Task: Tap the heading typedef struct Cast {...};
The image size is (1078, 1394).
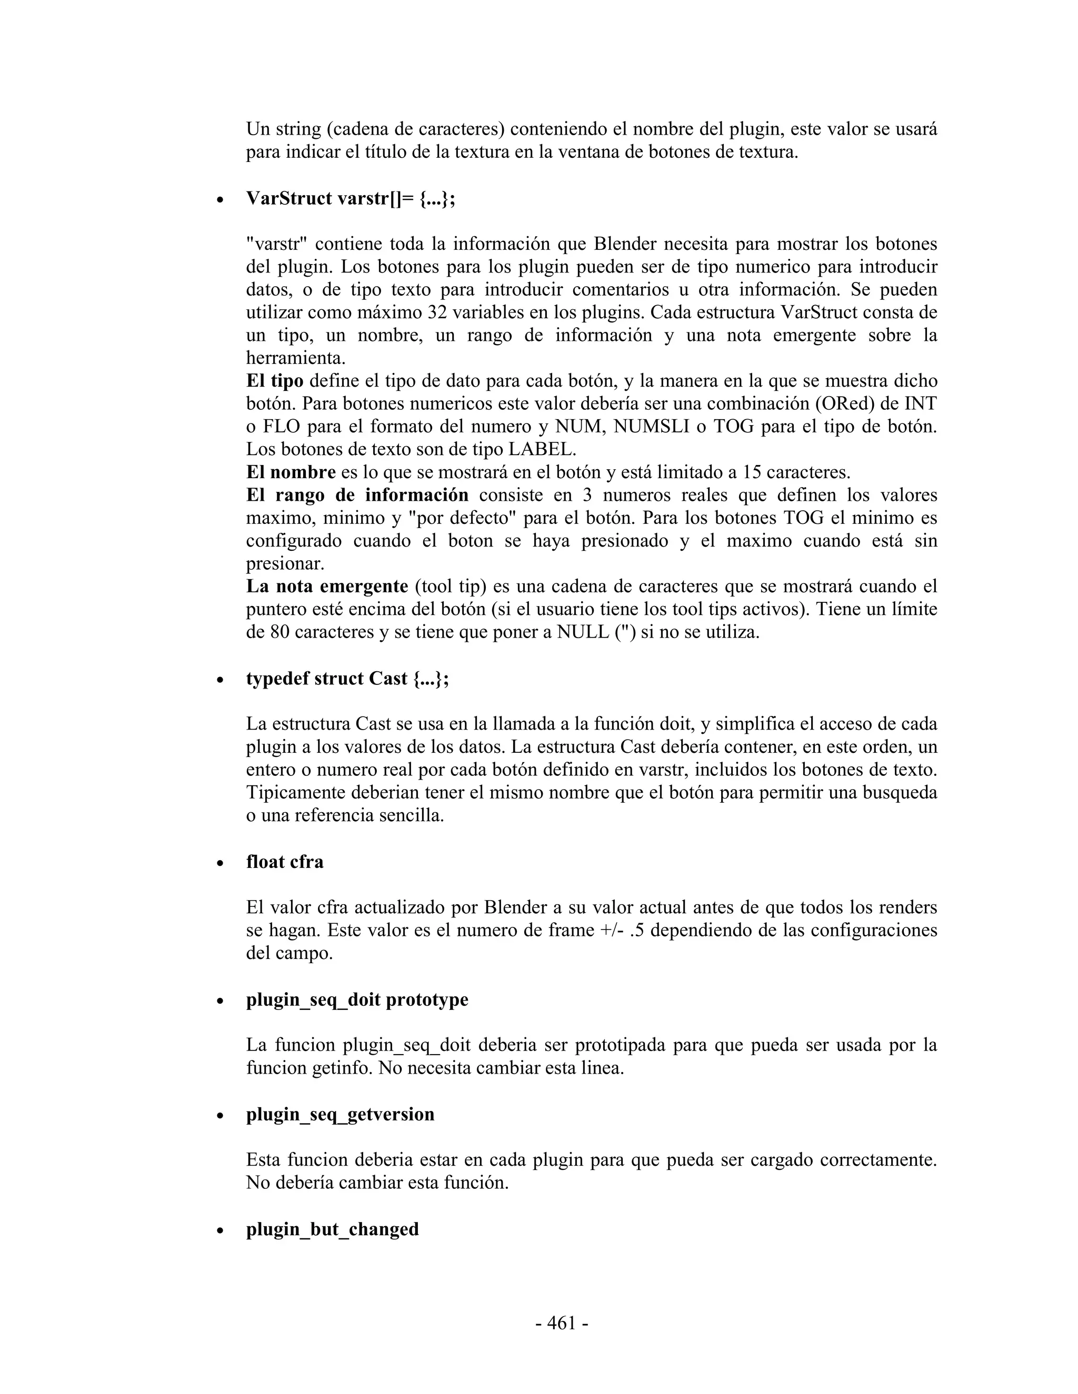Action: tap(347, 679)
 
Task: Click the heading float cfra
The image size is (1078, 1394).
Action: tap(285, 862)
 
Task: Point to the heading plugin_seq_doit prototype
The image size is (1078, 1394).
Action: tap(357, 999)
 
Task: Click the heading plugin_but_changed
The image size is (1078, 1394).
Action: tap(332, 1229)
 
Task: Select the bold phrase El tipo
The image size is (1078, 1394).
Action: tap(275, 381)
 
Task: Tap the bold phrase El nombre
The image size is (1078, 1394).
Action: tap(291, 472)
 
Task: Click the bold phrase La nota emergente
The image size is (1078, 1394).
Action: tap(327, 586)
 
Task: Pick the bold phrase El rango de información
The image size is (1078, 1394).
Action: tap(357, 496)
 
